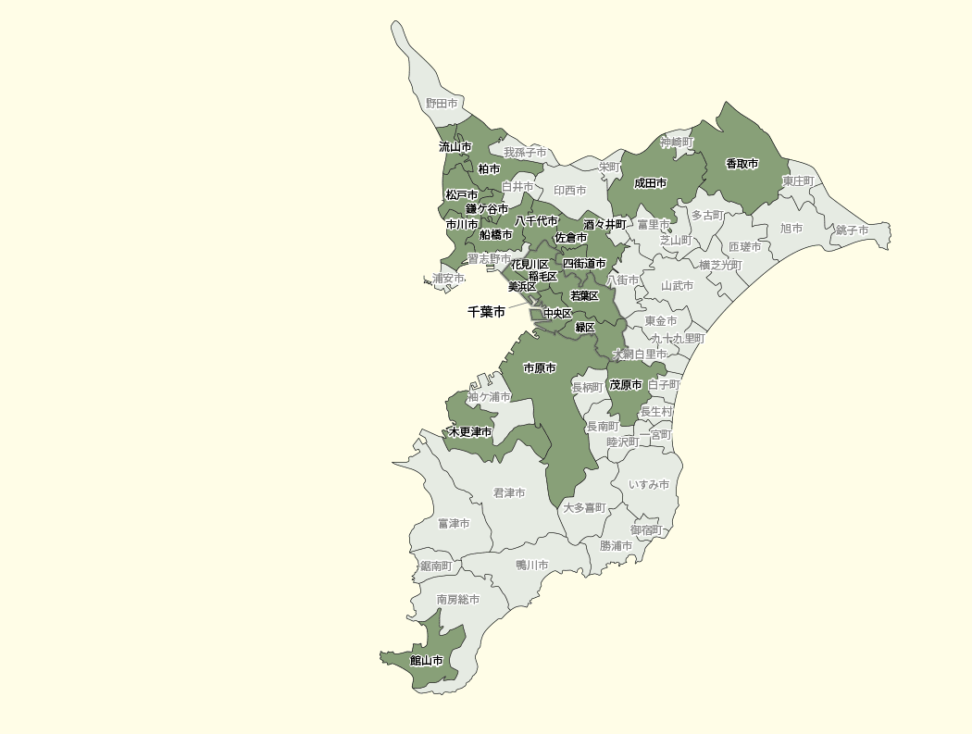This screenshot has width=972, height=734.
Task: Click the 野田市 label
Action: pyautogui.click(x=442, y=104)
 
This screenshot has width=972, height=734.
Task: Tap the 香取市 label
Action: pyautogui.click(x=741, y=164)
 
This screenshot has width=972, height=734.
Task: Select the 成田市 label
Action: pyautogui.click(x=650, y=183)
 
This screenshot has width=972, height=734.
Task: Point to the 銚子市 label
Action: pyautogui.click(x=852, y=230)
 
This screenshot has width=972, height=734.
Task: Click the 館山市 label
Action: pyautogui.click(x=426, y=661)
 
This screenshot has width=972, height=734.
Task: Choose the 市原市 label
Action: pyautogui.click(x=540, y=368)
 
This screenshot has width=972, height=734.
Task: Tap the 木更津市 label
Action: pyautogui.click(x=469, y=432)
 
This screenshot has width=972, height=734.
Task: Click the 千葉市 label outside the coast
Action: pyautogui.click(x=486, y=313)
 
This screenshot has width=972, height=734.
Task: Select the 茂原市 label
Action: pyautogui.click(x=625, y=385)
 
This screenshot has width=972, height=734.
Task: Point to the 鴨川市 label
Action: pyautogui.click(x=531, y=566)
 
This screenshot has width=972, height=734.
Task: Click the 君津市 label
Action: pyautogui.click(x=509, y=493)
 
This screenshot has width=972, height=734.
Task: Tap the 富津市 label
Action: pyautogui.click(x=454, y=524)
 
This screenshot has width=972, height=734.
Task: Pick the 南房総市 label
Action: pyautogui.click(x=458, y=600)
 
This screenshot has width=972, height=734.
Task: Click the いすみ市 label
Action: pyautogui.click(x=648, y=485)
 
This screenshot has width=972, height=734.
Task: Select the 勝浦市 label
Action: pyautogui.click(x=616, y=546)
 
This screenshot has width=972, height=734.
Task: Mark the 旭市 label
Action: pyautogui.click(x=791, y=228)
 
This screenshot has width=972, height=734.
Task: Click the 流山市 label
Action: pyautogui.click(x=455, y=147)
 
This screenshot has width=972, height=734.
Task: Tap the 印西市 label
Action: pyautogui.click(x=569, y=191)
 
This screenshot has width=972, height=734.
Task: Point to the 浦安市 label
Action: pyautogui.click(x=449, y=279)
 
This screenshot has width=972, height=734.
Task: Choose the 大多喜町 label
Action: pyautogui.click(x=583, y=508)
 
